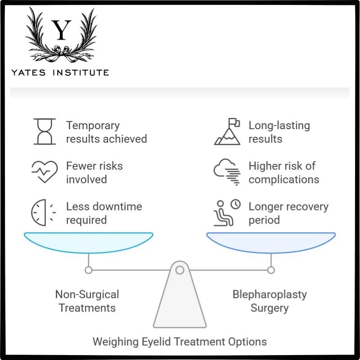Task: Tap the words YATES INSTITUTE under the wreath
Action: (60, 72)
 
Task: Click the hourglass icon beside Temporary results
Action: (45, 131)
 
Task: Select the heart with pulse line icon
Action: (45, 172)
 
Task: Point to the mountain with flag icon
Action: (227, 131)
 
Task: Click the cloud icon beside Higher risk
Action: (227, 172)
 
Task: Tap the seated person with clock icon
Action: (227, 213)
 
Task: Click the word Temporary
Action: (93, 125)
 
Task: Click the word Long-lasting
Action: (279, 125)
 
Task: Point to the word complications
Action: (283, 179)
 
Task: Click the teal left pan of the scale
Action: (88, 242)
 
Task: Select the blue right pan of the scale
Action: (271, 242)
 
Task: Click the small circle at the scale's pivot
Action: (180, 270)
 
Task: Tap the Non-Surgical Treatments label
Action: (87, 301)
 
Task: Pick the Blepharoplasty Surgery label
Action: (270, 301)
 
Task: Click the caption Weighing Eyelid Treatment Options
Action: (180, 341)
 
